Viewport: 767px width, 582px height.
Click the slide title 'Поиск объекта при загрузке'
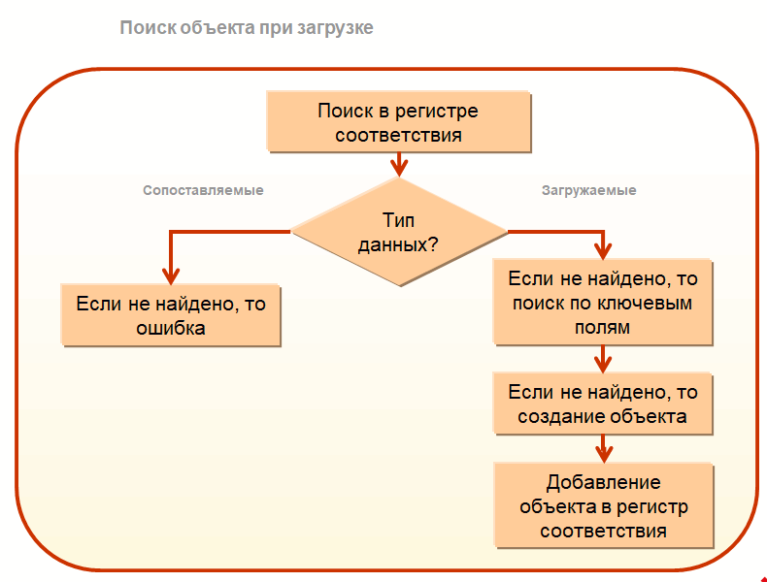(x=247, y=28)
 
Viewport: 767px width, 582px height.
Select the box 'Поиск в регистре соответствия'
(x=398, y=122)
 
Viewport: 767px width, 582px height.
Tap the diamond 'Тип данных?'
(x=398, y=232)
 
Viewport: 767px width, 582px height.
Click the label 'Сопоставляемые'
(x=203, y=190)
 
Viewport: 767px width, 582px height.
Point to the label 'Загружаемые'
(x=588, y=190)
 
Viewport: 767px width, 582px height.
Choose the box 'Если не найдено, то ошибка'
(x=171, y=315)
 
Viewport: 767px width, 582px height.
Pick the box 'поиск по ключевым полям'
(x=603, y=303)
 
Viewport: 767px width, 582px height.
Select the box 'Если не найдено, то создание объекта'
(x=603, y=404)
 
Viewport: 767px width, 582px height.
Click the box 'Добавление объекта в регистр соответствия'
(x=603, y=506)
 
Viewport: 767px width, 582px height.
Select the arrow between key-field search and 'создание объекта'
(x=603, y=361)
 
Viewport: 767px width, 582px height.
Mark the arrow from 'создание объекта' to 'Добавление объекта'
(x=603, y=449)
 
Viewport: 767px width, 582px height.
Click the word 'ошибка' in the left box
(x=171, y=328)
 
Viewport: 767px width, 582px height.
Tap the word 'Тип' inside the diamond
(x=398, y=219)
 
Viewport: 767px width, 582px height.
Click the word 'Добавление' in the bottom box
(x=603, y=482)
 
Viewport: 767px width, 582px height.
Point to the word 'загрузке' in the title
(x=336, y=28)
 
